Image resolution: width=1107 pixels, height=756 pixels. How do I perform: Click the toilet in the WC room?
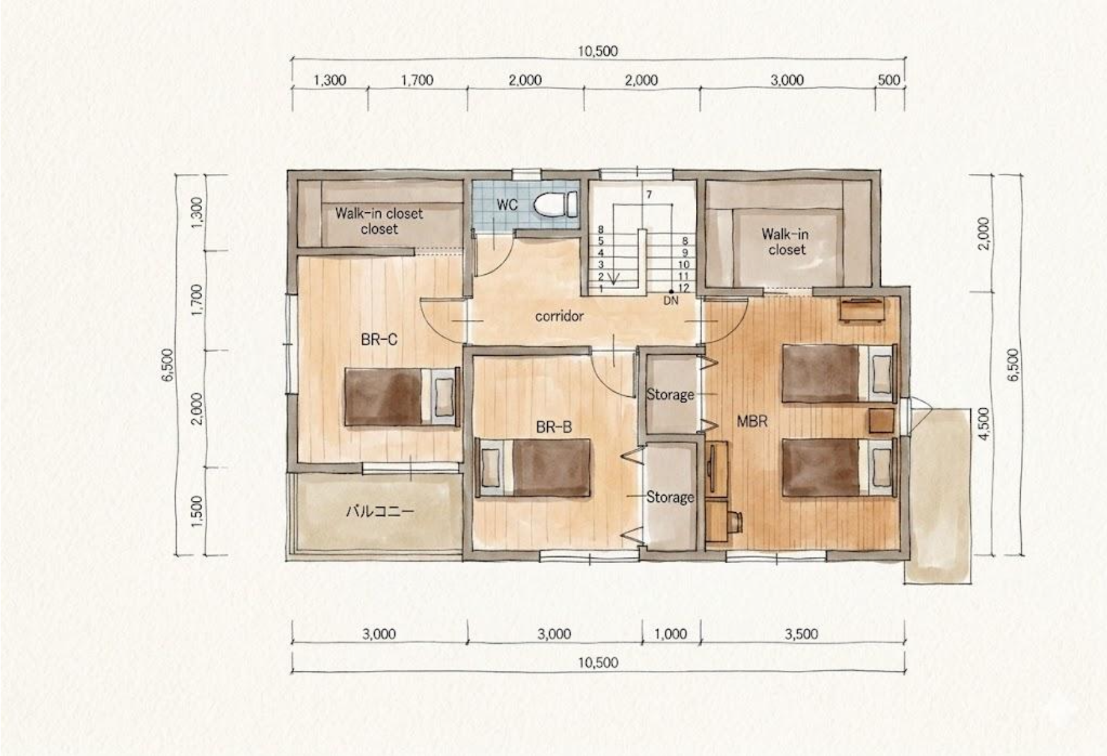point(555,204)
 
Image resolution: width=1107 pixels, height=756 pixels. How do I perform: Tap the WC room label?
point(507,205)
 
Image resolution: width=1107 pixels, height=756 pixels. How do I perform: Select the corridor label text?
point(559,316)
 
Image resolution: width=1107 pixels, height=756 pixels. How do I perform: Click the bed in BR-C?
point(402,396)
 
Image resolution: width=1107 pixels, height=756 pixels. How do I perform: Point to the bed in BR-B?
point(533,468)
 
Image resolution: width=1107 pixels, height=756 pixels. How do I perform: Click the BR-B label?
point(553,428)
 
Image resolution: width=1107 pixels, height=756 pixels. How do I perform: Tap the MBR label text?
point(752,421)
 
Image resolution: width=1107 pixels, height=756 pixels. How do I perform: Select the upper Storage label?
point(670,395)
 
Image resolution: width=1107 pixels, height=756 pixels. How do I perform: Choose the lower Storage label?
point(670,498)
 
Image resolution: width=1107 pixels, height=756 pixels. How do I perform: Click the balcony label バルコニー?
point(380,511)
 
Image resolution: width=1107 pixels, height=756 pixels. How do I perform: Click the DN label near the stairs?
point(671,301)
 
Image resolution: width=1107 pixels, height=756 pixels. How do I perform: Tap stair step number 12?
point(684,288)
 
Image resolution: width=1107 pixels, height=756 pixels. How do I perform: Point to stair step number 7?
point(649,195)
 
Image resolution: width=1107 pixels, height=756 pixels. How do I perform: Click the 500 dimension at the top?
point(888,80)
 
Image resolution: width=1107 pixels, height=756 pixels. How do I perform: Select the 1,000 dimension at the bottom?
point(671,634)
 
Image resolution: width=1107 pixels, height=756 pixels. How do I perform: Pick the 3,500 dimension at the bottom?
point(802,634)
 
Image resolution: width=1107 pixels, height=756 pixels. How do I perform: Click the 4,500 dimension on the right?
point(985,423)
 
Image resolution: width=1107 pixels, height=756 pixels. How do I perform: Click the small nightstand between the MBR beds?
point(882,421)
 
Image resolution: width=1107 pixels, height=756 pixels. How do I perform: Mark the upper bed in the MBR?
point(839,373)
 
